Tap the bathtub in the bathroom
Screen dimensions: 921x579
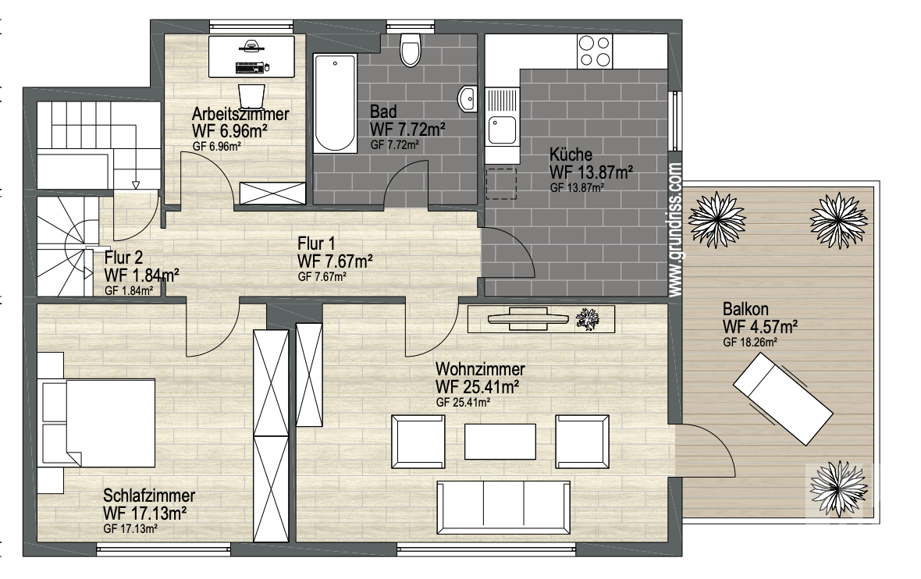coord(335,103)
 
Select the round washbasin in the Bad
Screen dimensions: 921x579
coord(468,98)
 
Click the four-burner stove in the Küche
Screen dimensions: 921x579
coord(595,51)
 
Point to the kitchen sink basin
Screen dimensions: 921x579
coord(502,130)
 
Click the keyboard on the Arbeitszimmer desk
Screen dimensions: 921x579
coord(250,68)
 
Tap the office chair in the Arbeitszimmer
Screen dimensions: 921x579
coord(251,96)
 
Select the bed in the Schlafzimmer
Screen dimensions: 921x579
coord(97,423)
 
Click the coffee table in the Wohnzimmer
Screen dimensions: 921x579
coord(500,441)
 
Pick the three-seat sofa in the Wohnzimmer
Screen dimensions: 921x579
coord(503,507)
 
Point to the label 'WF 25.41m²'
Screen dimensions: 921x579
coord(477,387)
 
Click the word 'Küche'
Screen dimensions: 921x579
coord(571,155)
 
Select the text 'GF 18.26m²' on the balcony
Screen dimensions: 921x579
coord(750,342)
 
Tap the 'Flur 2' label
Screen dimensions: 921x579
coord(123,258)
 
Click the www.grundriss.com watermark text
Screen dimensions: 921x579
coord(675,229)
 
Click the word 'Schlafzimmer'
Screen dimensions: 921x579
coord(149,496)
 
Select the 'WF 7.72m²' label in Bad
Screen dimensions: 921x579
coord(407,129)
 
